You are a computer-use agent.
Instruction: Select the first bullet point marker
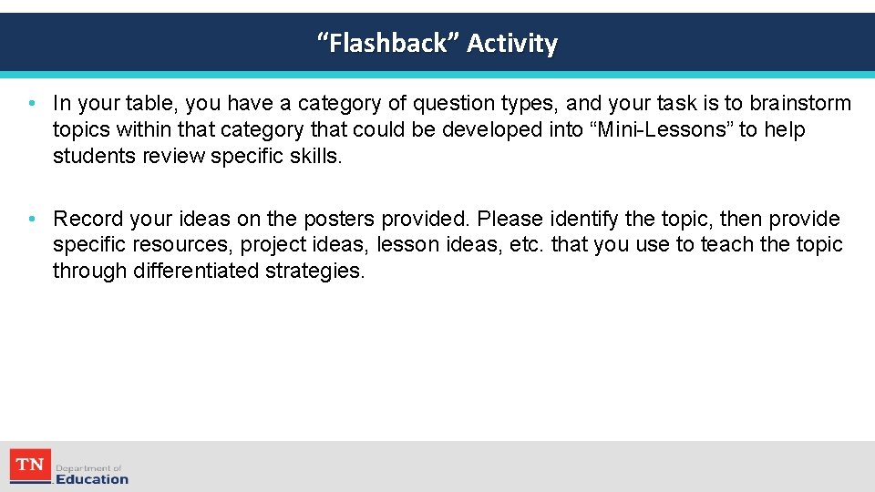(x=32, y=103)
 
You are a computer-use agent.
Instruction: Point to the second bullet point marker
(x=32, y=219)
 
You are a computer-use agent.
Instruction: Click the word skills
(x=314, y=156)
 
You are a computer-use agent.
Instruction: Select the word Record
(x=88, y=219)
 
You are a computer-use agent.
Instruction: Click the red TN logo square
(x=30, y=466)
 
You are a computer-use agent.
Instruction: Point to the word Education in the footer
(x=92, y=479)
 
